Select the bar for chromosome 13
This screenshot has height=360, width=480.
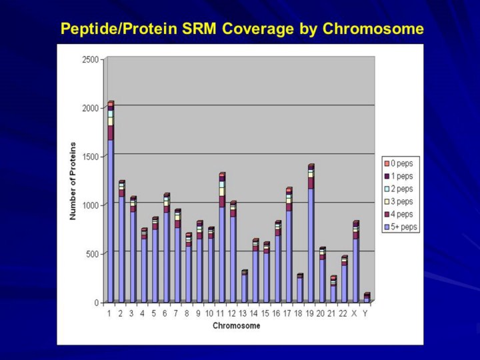point(244,287)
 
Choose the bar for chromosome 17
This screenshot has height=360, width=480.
point(289,247)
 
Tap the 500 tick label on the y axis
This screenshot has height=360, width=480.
point(93,254)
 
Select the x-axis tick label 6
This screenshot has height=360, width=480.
point(165,313)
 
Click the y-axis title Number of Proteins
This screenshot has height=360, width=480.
point(73,181)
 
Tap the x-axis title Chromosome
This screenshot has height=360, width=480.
point(237,326)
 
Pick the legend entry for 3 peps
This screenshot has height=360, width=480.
point(400,202)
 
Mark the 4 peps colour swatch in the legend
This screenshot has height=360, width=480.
point(385,215)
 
